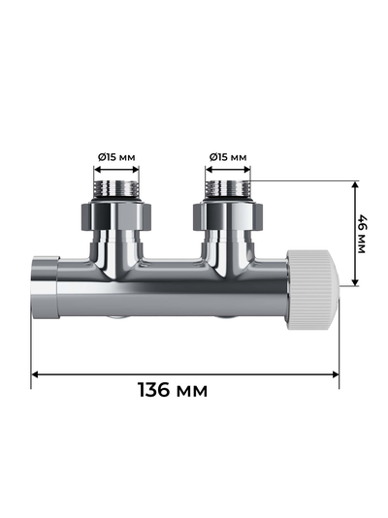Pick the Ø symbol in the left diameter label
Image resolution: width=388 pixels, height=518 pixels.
pos(102,157)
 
